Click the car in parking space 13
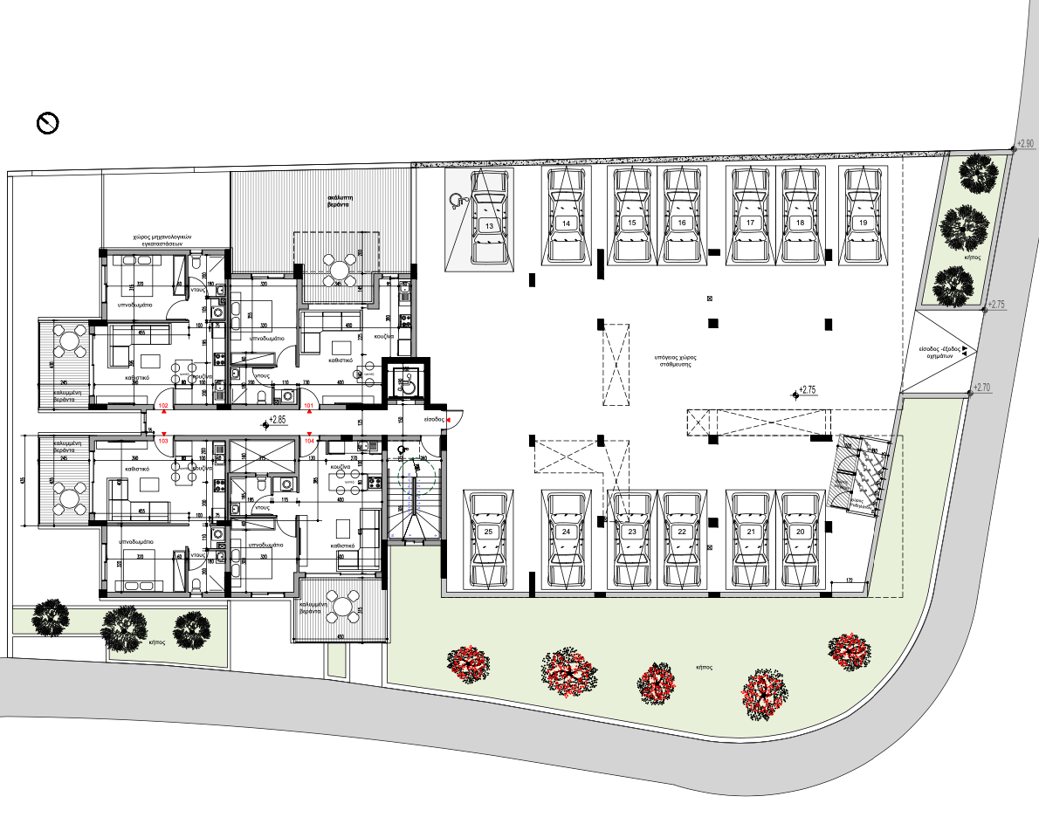[x=490, y=217]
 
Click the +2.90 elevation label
[x=1025, y=143]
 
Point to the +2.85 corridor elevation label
[x=278, y=421]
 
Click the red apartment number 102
[x=162, y=406]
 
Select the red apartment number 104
[x=308, y=442]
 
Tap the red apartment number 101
[x=308, y=406]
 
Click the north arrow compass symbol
[x=47, y=123]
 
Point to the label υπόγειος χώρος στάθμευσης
[x=671, y=361]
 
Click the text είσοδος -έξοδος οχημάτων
[x=939, y=352]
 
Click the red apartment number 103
[x=162, y=442]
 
